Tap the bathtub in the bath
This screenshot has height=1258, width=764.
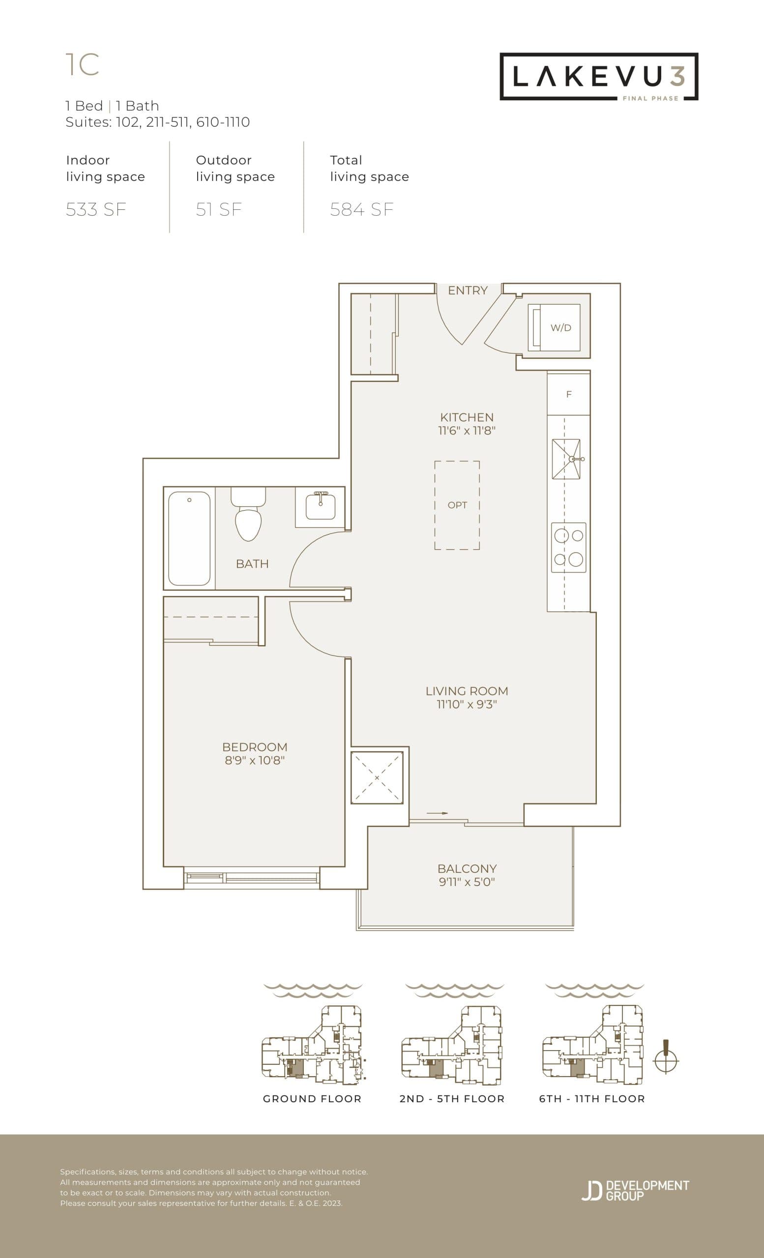189,538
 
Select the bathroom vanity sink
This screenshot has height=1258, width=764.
320,507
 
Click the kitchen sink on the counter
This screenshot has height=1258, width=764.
566,459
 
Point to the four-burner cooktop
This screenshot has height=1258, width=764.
569,548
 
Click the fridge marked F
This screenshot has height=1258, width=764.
568,394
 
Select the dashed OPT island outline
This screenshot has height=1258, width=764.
457,505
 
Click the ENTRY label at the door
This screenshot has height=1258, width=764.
467,290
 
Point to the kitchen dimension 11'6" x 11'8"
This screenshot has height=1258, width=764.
467,430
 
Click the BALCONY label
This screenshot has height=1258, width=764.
467,868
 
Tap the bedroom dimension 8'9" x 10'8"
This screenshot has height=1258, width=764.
254,760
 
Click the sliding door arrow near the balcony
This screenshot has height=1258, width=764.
438,813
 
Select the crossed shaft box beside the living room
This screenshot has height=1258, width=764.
377,778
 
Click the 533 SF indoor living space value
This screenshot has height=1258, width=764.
96,210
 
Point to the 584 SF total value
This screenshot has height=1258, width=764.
361,210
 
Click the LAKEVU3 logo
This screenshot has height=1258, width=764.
598,77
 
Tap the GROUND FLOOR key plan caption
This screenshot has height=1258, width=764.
312,1099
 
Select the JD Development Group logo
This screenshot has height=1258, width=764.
635,1190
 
